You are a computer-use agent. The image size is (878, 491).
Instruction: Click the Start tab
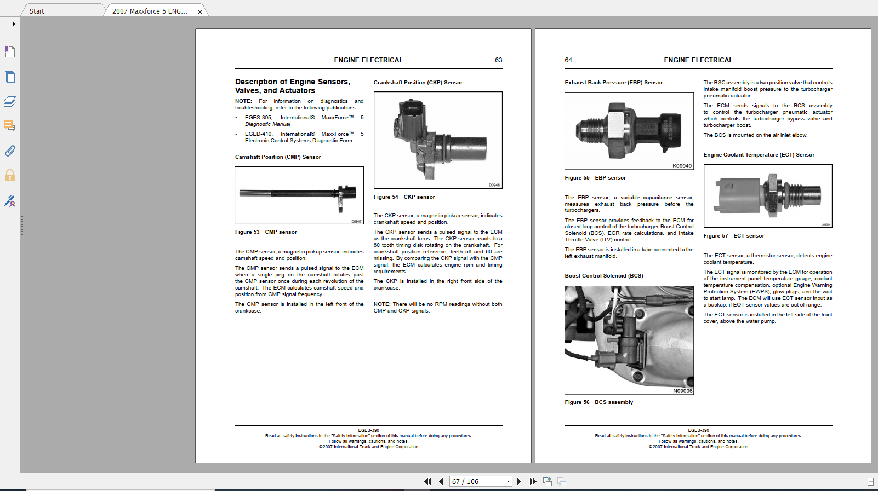pos(37,11)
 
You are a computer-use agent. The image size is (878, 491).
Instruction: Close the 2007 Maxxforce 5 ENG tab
pos(200,11)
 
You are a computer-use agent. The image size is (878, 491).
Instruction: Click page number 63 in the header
pos(498,60)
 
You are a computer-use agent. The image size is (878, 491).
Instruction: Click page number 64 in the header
pos(568,60)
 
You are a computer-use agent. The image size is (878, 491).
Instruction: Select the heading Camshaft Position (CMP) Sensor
pos(278,157)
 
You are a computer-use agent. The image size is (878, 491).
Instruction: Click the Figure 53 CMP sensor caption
pos(266,232)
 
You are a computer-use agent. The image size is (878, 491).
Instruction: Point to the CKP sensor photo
pos(438,140)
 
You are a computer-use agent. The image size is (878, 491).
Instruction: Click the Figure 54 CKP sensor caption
pos(404,197)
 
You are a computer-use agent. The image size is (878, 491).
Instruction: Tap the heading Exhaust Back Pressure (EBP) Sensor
pos(613,83)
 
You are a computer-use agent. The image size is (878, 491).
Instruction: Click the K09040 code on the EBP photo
pos(682,166)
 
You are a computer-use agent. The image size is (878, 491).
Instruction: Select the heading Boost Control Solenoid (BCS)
pos(603,276)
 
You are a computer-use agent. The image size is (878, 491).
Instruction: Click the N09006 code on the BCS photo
pos(683,391)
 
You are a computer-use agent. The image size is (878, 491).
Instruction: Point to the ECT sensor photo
pos(767,196)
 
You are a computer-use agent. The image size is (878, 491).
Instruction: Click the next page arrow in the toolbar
pos(519,482)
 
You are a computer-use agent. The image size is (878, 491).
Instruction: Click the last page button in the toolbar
pos(533,482)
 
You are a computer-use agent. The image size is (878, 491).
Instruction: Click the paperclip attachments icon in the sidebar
pos(10,151)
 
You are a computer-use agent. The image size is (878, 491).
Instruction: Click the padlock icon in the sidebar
pos(10,176)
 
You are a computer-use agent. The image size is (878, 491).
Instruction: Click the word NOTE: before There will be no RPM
pos(381,304)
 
